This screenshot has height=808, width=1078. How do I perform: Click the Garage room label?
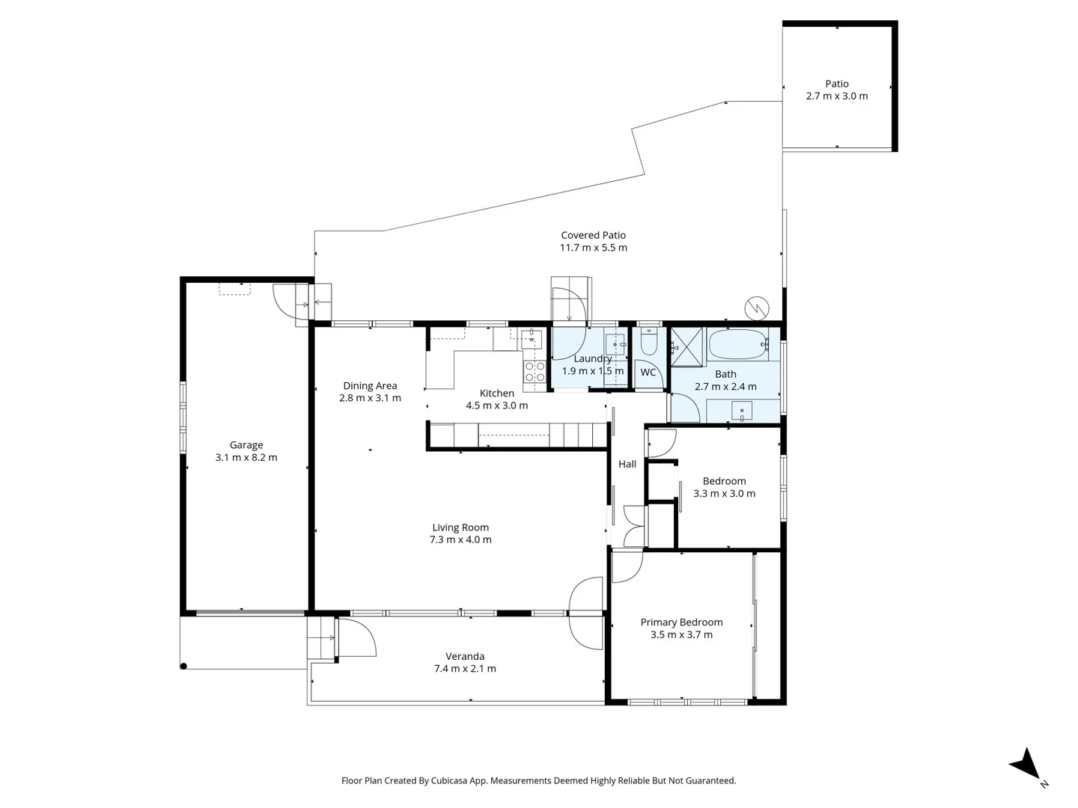(246, 445)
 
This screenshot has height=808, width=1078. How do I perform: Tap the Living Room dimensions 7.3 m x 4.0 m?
(460, 539)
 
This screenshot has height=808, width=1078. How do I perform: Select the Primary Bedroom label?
(681, 622)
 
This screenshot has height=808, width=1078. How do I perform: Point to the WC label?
(648, 373)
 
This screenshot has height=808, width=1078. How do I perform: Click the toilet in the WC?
(649, 343)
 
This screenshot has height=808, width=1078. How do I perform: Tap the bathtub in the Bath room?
(737, 344)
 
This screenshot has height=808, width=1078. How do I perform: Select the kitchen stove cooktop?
(535, 372)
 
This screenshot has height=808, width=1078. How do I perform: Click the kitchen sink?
(532, 340)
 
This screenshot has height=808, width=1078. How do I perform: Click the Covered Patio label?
(593, 235)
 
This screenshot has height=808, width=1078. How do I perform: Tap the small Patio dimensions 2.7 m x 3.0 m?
(837, 96)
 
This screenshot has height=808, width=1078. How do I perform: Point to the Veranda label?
(465, 656)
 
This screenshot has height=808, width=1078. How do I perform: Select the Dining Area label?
(370, 386)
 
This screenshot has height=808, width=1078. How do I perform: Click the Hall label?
(627, 464)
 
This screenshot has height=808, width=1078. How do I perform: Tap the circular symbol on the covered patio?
(756, 307)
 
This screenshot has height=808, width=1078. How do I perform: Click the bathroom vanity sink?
(741, 411)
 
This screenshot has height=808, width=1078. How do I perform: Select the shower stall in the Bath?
(688, 346)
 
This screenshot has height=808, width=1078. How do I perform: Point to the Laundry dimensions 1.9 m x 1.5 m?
(592, 371)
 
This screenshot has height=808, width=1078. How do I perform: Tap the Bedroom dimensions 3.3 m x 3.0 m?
(724, 493)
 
